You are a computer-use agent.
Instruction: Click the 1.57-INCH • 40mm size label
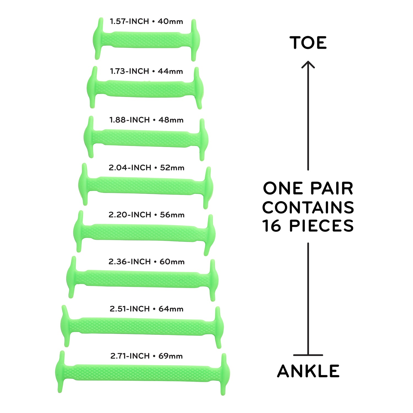(x=146, y=21)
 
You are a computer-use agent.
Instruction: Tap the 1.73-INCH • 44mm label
(x=146, y=71)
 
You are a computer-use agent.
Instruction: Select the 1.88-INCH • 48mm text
(x=146, y=120)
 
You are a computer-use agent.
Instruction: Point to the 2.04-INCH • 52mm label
(x=146, y=168)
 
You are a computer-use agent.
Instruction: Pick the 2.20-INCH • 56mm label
(x=146, y=215)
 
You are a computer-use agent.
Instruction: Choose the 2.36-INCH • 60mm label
(x=146, y=262)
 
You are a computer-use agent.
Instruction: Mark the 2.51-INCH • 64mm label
(x=146, y=309)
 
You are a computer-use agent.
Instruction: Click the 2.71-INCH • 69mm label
(x=146, y=356)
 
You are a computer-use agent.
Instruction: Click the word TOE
(x=308, y=43)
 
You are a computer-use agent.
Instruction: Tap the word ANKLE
(x=308, y=371)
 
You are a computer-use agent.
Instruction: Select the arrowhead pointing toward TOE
(x=308, y=64)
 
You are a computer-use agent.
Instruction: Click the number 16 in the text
(x=272, y=226)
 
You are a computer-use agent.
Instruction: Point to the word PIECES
(x=321, y=226)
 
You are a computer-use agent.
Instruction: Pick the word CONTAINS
(x=308, y=207)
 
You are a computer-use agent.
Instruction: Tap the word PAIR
(x=332, y=189)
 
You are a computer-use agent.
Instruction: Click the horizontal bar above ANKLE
(x=308, y=355)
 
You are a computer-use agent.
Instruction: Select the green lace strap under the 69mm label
(x=142, y=373)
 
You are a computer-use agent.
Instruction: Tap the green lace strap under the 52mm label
(x=145, y=186)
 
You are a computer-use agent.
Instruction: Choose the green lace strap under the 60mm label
(x=143, y=279)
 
